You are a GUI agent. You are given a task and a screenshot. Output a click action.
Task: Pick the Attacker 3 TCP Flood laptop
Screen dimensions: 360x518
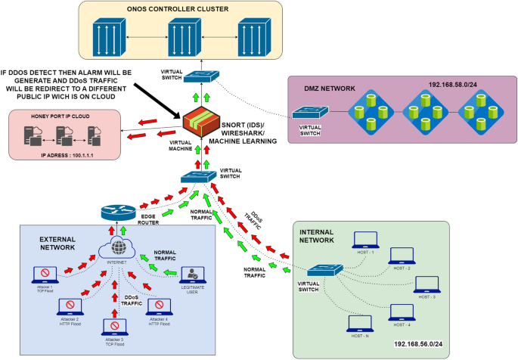tap(114, 327)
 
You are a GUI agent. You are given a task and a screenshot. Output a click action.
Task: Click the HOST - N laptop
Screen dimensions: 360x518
tap(358, 322)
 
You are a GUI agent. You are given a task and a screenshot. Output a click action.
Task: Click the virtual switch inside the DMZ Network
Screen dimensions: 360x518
tap(310, 113)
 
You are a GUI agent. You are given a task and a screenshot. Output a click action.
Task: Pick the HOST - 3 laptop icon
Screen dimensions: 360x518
tap(427, 284)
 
